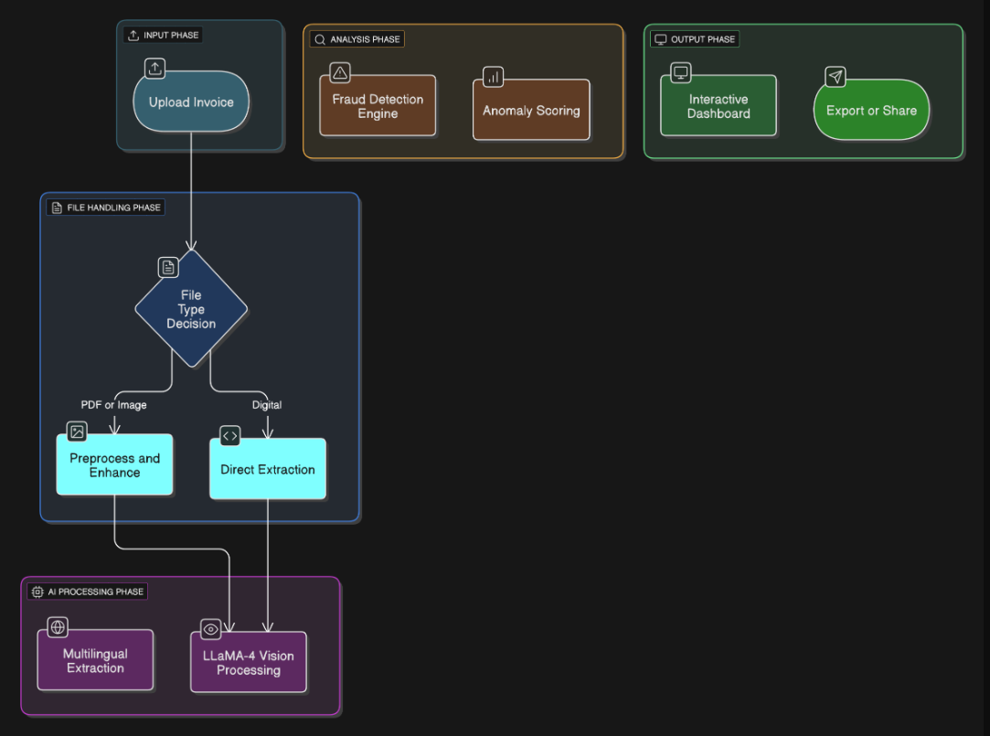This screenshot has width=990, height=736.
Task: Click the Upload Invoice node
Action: pos(191,102)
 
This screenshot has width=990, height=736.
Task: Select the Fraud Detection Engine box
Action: pos(378,106)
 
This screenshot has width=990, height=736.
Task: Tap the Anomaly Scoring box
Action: pos(531,111)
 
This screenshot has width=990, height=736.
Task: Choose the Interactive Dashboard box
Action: pos(719,106)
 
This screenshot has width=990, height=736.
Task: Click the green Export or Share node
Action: pos(871,111)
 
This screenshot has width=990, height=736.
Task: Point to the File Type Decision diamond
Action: pos(191,309)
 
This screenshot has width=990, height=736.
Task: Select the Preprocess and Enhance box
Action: pos(114,465)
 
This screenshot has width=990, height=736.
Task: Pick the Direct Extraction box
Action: pos(267,469)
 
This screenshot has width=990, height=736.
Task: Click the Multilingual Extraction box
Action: pos(95,660)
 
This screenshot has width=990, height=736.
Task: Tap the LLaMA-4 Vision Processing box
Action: pos(248,663)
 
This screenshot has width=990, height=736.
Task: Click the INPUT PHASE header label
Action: pos(164,36)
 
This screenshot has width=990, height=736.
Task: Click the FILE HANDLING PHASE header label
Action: pos(106,208)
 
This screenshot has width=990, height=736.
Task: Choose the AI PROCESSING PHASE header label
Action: pos(88,592)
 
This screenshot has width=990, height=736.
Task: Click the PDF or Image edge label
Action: pos(113,404)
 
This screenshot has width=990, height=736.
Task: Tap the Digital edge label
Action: pos(267,404)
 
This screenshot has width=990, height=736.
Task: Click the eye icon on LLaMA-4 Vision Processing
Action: pos(211,630)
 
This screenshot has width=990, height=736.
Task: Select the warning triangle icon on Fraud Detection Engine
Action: pos(340,72)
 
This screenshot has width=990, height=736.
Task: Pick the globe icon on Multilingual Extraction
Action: pos(58,627)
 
